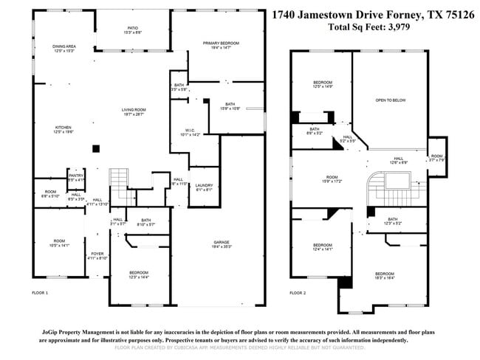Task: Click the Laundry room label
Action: tap(204, 187)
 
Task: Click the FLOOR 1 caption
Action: tap(40, 294)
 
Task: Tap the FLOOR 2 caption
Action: tap(297, 294)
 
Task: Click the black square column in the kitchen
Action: tap(96, 148)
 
